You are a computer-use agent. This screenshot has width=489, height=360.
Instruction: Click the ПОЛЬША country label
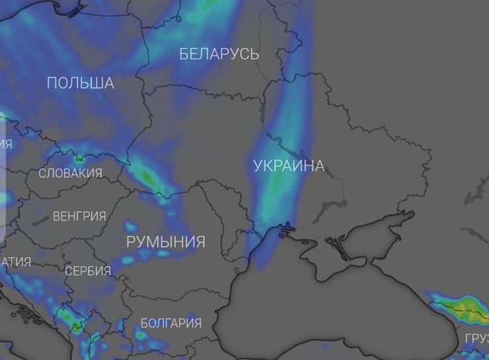[80, 83]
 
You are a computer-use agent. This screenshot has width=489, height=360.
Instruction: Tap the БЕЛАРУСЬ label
[219, 54]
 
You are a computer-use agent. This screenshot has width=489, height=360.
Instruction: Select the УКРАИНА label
[289, 166]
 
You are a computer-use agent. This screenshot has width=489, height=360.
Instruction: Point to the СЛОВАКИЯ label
[70, 174]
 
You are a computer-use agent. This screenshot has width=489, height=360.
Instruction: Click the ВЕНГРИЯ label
[79, 217]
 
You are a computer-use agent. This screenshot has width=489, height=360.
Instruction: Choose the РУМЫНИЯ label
[165, 242]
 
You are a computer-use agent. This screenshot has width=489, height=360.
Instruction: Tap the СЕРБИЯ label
[87, 271]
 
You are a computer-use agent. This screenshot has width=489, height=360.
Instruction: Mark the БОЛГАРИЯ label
[170, 323]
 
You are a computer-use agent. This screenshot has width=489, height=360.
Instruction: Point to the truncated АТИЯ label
[16, 262]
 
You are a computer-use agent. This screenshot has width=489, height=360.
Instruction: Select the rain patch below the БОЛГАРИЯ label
[143, 336]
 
